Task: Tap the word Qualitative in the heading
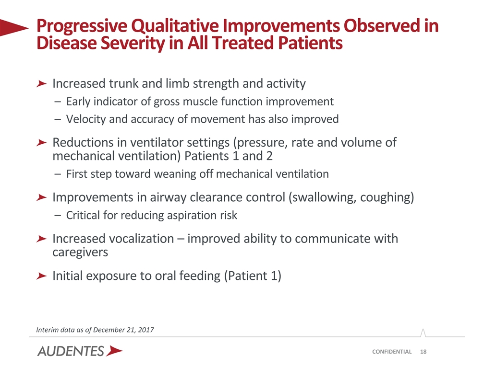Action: pos(175,26)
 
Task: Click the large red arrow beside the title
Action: pos(14,28)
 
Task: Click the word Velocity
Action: pos(86,119)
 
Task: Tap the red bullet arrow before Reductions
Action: pos(41,143)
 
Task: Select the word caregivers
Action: pos(80,252)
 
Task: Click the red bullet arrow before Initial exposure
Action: pos(41,276)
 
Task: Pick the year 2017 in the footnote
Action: pos(145,330)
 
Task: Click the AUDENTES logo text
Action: pos(71,351)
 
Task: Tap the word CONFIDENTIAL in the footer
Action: pos(392,352)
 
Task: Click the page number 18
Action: pos(423,352)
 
